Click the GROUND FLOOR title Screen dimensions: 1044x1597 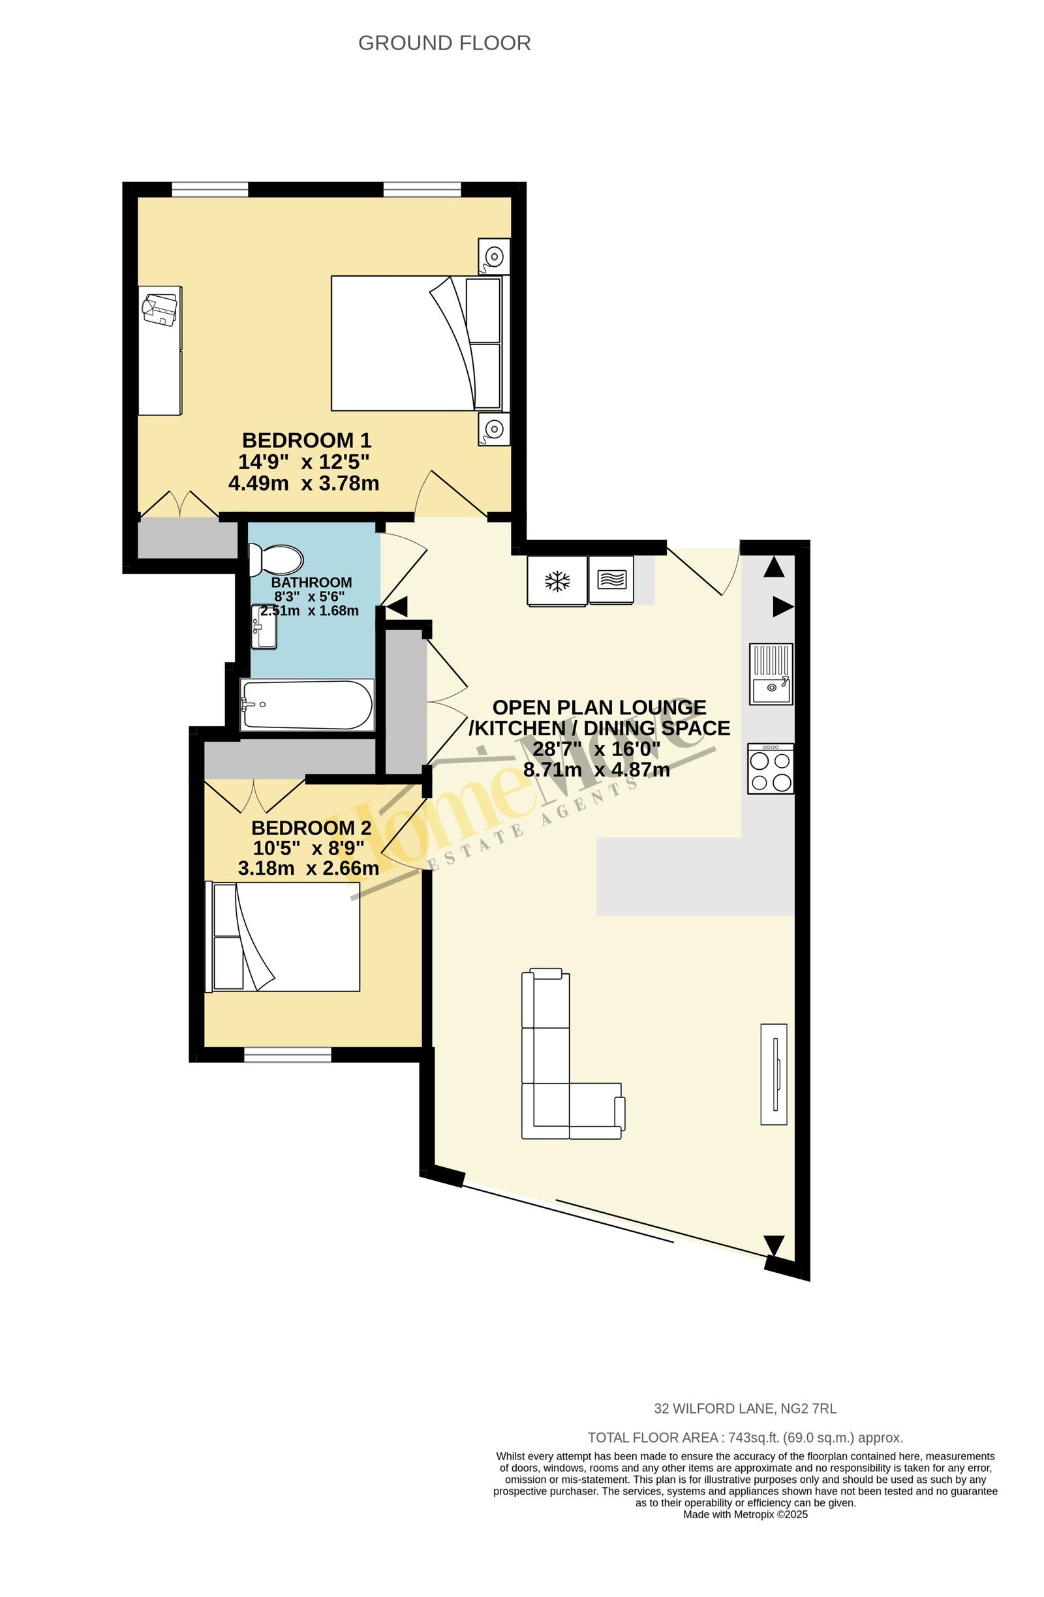444,43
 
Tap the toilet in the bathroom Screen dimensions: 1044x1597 275,560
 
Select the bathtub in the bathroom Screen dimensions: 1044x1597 307,704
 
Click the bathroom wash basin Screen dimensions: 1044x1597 264,627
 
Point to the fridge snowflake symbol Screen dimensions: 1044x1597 557,581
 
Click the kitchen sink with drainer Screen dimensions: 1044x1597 771,673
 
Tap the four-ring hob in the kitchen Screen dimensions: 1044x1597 771,768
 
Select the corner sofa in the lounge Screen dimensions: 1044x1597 572,1053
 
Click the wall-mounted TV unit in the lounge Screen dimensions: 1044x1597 773,1074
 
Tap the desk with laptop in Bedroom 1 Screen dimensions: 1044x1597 160,350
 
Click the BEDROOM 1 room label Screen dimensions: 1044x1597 306,440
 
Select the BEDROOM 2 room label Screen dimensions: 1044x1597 311,827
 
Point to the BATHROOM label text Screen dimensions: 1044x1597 311,583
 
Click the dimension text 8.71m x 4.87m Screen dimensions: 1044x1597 596,770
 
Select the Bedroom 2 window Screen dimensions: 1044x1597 287,1055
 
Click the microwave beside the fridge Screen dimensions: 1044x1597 611,580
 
